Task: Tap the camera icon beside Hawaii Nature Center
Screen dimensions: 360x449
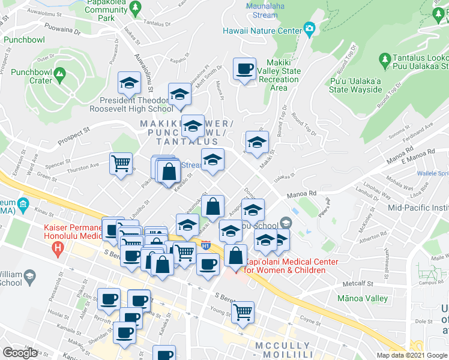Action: coord(310,28)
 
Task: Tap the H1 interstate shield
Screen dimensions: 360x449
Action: coord(206,245)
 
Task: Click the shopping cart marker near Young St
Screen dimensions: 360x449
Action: coord(243,311)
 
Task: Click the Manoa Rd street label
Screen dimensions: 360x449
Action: coord(301,194)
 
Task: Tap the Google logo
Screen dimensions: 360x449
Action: coord(20,353)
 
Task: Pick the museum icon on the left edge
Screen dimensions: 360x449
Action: coord(22,204)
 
